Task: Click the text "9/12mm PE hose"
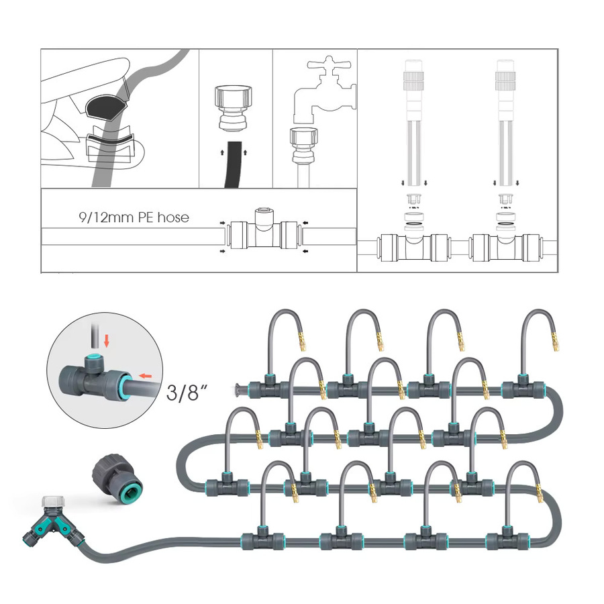coord(134,217)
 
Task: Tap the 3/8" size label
coord(187,392)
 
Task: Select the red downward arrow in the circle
coord(107,340)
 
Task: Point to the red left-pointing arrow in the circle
coord(146,376)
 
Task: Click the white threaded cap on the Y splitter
coord(51,501)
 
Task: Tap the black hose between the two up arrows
coord(233,164)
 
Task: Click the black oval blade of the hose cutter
coord(107,106)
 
